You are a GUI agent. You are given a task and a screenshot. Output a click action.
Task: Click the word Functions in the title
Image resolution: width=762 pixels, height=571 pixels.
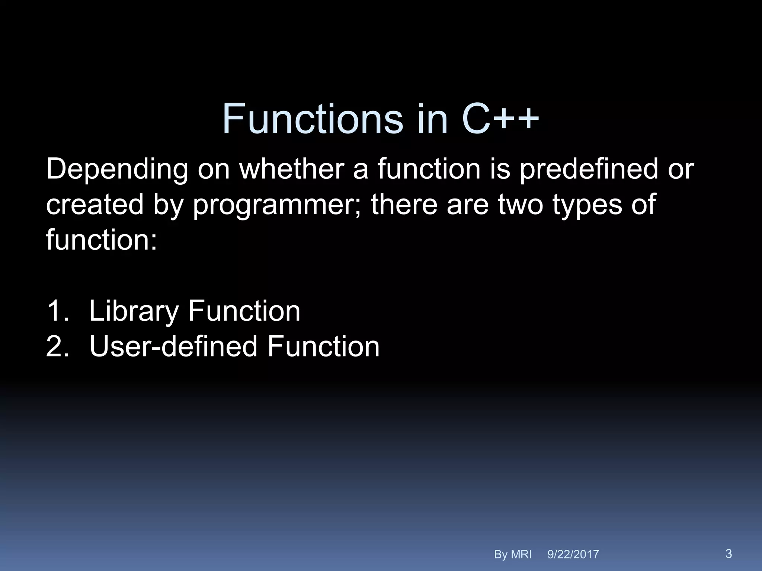[313, 119]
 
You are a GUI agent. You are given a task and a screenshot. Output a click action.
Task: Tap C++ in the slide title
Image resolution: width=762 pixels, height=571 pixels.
[500, 119]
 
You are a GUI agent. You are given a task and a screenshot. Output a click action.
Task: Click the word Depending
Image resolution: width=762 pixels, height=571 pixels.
[117, 170]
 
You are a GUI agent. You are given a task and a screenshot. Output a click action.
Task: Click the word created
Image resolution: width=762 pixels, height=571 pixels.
[95, 204]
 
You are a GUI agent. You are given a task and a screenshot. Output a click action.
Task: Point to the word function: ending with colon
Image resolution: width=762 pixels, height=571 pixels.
[102, 240]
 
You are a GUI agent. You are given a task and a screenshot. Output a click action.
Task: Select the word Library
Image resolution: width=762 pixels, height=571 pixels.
[134, 312]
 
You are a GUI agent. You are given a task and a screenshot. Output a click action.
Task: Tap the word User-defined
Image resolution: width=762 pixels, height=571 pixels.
[173, 346]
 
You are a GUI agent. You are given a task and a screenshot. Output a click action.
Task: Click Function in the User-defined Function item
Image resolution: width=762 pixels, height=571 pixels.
[323, 346]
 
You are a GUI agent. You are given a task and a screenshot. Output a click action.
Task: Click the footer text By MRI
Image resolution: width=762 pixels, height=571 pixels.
[513, 554]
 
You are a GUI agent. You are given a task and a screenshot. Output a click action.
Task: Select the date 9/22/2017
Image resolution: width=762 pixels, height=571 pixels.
[573, 554]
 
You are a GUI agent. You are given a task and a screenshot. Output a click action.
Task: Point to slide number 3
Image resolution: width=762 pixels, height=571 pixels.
[729, 554]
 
